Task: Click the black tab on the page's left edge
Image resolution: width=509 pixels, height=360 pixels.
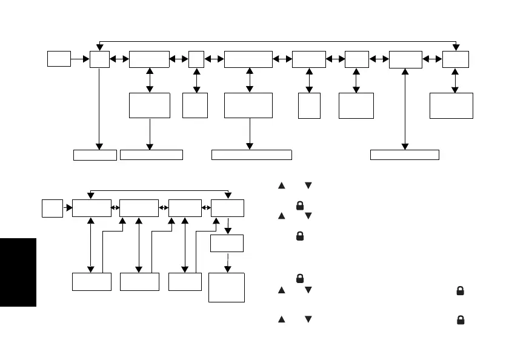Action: point(18,272)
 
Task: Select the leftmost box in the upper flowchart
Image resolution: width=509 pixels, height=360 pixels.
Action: point(59,59)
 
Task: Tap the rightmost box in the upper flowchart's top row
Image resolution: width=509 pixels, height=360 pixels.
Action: point(455,59)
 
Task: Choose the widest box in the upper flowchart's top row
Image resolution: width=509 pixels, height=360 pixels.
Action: point(248,59)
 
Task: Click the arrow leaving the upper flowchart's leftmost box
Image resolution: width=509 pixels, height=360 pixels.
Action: point(80,59)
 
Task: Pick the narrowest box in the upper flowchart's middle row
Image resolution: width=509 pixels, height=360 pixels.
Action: point(310,106)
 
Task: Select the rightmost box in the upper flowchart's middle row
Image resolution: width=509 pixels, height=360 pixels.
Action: point(451,105)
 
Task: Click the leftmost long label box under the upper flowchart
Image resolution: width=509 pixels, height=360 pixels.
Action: point(95,155)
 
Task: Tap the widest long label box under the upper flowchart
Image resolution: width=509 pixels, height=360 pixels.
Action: point(251,155)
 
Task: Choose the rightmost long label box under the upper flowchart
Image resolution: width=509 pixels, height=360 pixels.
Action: point(404,155)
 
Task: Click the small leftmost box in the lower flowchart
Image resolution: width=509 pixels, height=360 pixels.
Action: point(52,208)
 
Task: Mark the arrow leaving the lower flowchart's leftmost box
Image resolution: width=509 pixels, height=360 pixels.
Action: point(67,208)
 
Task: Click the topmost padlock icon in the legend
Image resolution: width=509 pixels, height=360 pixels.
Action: point(299,205)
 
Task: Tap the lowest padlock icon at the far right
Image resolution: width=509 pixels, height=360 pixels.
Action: point(461,319)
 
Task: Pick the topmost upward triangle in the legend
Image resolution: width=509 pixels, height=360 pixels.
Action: point(281,185)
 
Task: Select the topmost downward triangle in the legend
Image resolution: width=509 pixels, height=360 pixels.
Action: point(308,185)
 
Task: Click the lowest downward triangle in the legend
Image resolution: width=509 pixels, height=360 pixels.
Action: point(308,319)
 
